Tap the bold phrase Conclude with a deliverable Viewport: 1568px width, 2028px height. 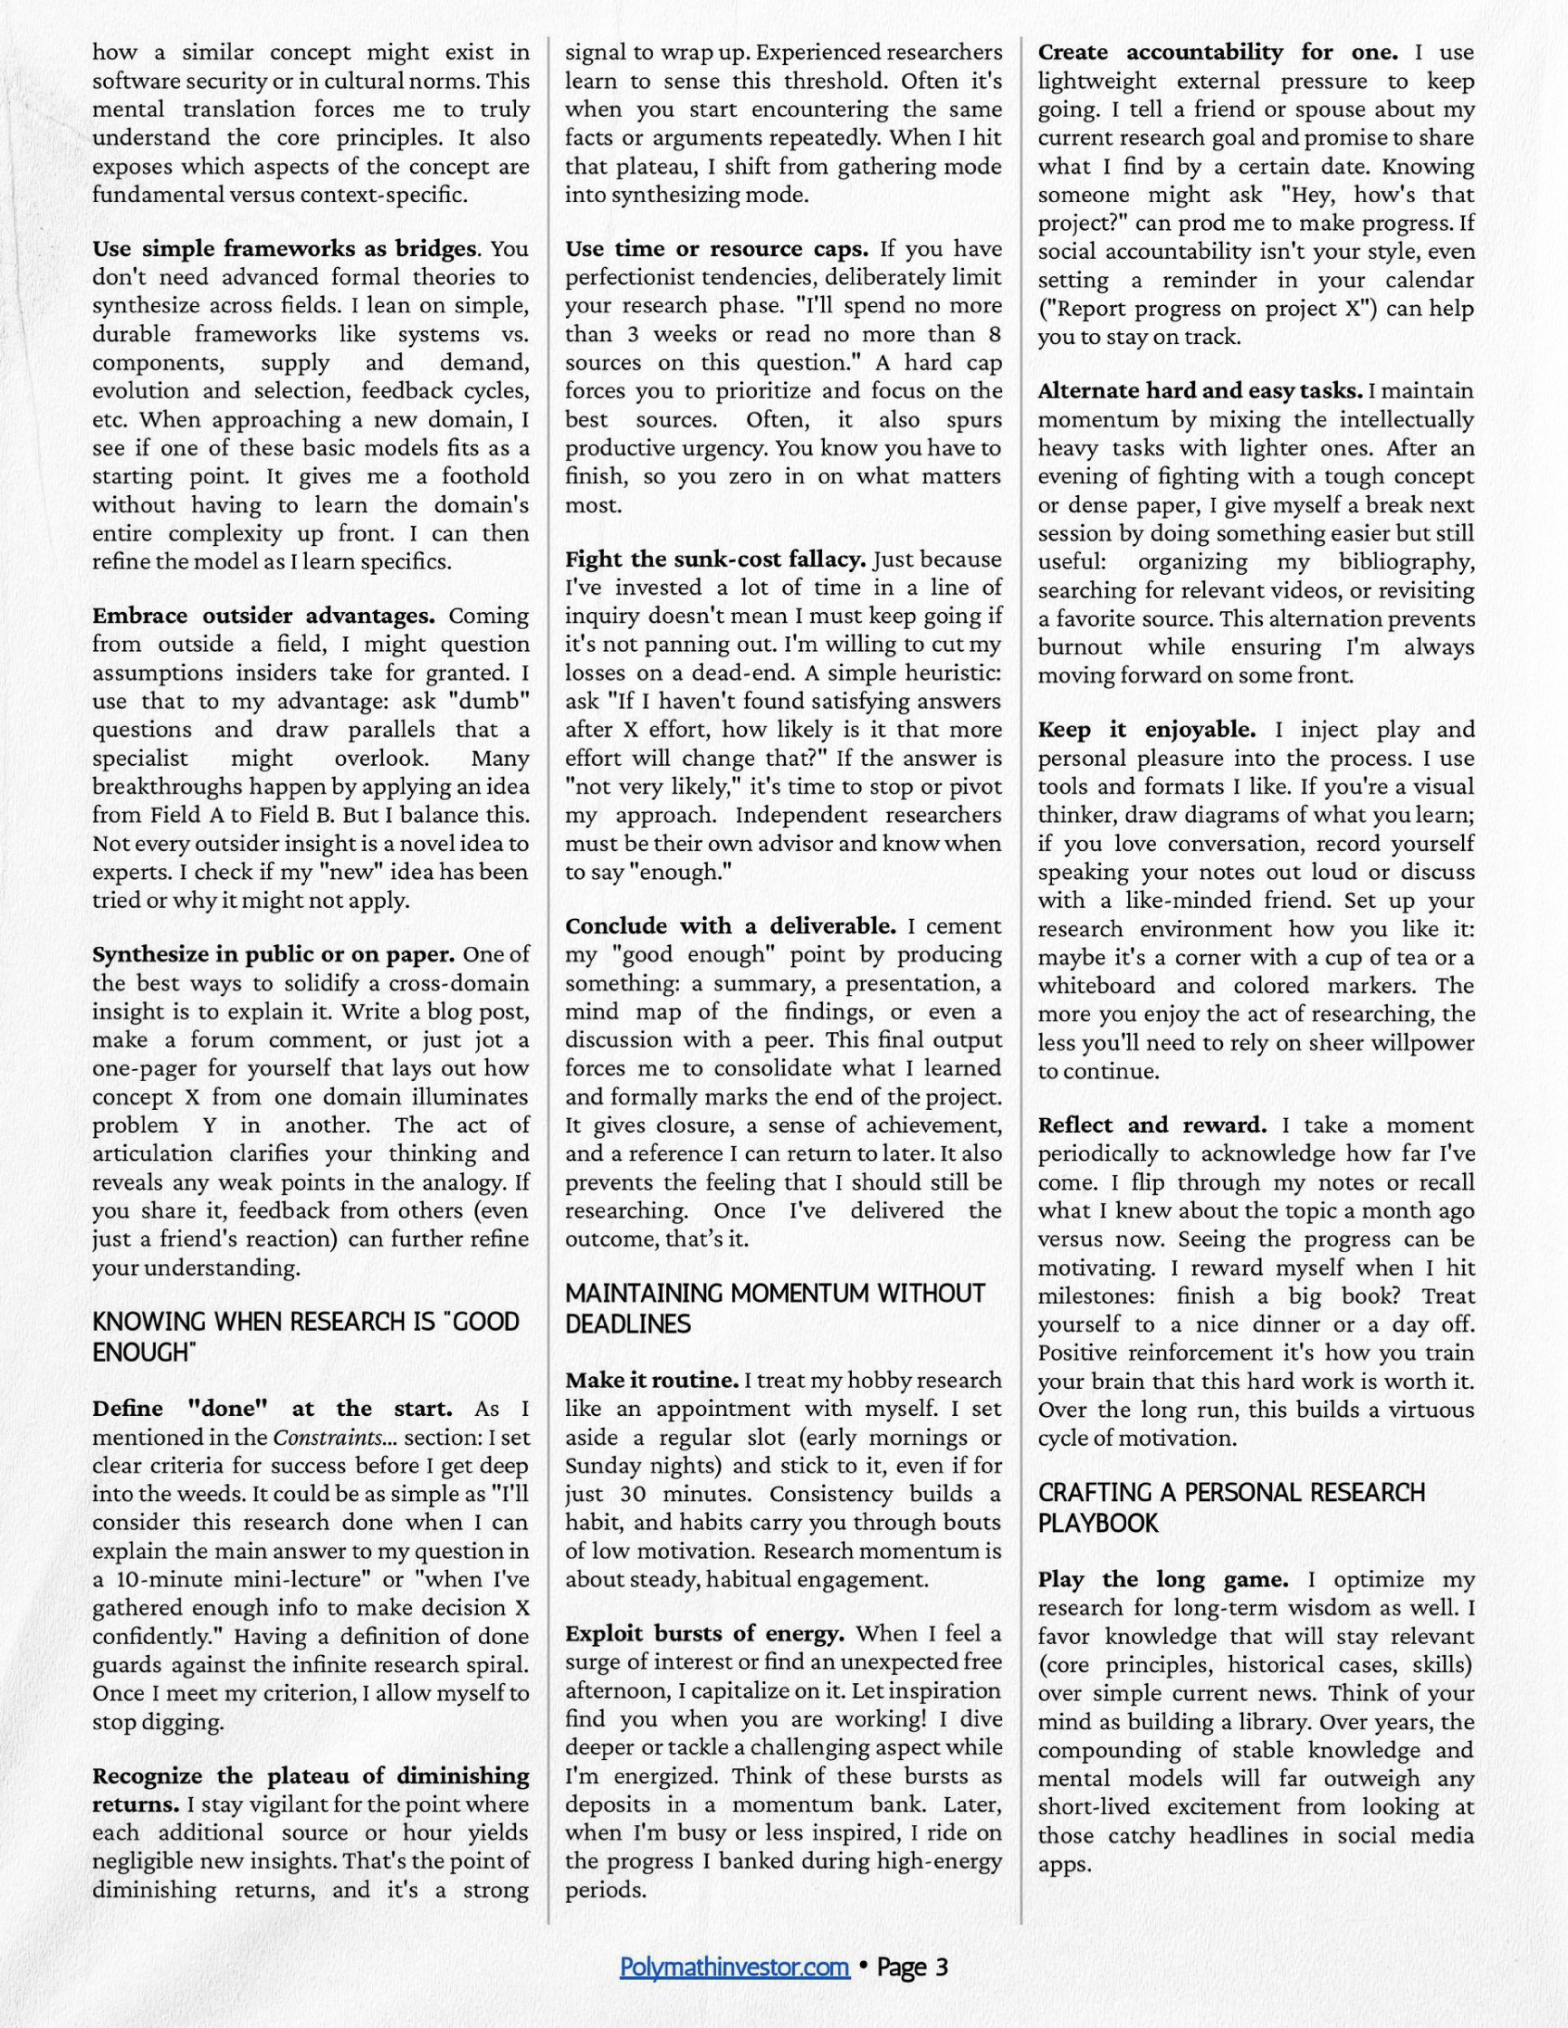tap(730, 926)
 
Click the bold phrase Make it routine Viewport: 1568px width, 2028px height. tap(652, 1380)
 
